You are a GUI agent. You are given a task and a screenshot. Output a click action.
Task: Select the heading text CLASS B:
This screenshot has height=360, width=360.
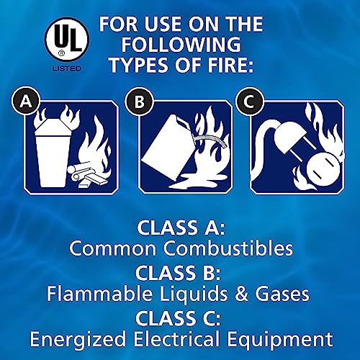pos(179,274)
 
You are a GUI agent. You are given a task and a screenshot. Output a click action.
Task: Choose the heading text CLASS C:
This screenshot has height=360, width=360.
pos(179,318)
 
